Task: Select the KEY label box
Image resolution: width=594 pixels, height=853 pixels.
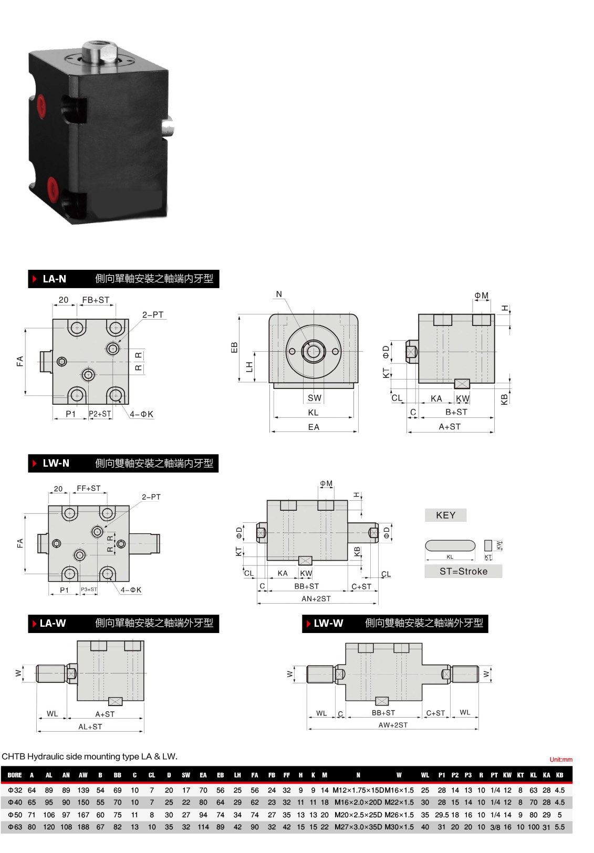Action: (x=445, y=515)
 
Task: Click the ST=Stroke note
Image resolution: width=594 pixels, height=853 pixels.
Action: (x=463, y=571)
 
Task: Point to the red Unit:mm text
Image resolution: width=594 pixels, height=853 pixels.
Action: (x=561, y=760)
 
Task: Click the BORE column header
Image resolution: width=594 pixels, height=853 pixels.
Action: (x=15, y=775)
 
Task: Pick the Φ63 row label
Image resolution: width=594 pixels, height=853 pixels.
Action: (x=15, y=827)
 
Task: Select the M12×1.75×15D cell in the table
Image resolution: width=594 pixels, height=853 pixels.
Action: (x=358, y=790)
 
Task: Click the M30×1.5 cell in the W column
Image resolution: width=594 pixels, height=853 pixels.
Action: (x=399, y=827)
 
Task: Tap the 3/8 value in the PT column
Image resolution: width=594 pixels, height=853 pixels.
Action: (x=495, y=827)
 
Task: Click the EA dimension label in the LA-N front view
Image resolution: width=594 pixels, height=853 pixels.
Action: (x=314, y=427)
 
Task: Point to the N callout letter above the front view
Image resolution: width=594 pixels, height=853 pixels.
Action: (x=279, y=294)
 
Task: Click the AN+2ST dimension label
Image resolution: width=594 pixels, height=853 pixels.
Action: (x=316, y=598)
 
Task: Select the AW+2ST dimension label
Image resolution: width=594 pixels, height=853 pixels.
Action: (x=393, y=725)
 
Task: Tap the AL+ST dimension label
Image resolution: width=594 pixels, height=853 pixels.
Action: (x=90, y=726)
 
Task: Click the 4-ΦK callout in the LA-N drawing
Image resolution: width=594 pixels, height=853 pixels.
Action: (x=141, y=414)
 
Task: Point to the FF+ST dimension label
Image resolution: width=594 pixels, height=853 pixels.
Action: (x=89, y=488)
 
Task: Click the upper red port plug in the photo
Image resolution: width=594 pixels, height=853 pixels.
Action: (x=40, y=106)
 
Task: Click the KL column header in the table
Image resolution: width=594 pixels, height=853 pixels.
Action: (x=534, y=775)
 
